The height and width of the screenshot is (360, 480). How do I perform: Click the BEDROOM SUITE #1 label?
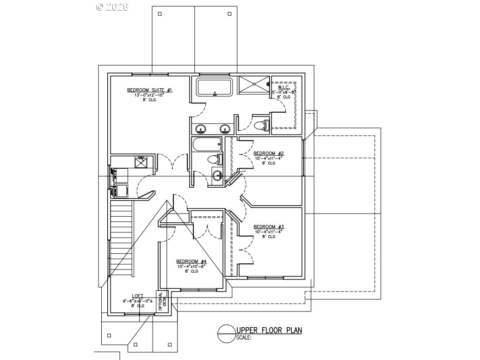coord(143,90)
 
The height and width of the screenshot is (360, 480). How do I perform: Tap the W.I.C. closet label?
coord(284,87)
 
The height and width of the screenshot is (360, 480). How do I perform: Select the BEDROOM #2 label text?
coord(268,153)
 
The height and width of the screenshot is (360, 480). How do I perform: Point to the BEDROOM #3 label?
coord(268,227)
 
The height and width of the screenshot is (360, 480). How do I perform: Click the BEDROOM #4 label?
coord(191,261)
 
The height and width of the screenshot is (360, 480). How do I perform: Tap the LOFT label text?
coord(138,296)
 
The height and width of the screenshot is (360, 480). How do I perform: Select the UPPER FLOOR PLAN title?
coord(269,330)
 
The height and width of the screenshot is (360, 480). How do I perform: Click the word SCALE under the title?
coord(243,338)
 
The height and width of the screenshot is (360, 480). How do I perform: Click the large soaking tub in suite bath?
coord(214,86)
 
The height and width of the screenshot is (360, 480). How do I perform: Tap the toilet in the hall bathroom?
coord(215,160)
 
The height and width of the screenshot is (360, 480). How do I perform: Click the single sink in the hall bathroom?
coord(218,176)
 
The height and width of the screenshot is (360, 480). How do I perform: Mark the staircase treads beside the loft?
coord(122,238)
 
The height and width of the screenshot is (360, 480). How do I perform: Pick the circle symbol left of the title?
coord(226,334)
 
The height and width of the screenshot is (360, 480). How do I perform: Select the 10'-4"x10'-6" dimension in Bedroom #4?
coord(191,266)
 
